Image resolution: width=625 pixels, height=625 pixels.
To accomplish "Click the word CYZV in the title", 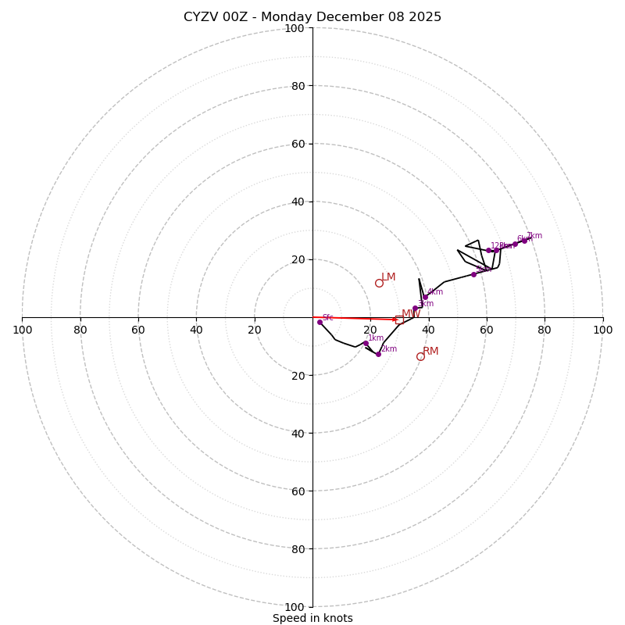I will pyautogui.click(x=201, y=17).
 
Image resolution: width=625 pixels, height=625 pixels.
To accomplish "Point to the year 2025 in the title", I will pyautogui.click(x=423, y=17).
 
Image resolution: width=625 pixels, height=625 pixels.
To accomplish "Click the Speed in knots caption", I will pyautogui.click(x=312, y=618).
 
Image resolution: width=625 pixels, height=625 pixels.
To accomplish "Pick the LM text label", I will pyautogui.click(x=388, y=277).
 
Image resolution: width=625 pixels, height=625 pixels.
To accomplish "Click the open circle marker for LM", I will pyautogui.click(x=379, y=283).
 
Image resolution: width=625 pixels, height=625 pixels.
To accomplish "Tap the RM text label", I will pyautogui.click(x=430, y=352).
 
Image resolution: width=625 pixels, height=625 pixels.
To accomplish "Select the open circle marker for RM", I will pyautogui.click(x=420, y=356).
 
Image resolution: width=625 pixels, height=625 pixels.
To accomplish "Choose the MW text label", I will pyautogui.click(x=411, y=313).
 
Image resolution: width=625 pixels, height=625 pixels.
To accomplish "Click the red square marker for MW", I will pyautogui.click(x=399, y=320).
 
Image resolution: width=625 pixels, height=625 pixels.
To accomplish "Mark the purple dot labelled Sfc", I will pyautogui.click(x=320, y=322).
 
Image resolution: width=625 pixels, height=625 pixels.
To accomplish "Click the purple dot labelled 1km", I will pyautogui.click(x=365, y=343).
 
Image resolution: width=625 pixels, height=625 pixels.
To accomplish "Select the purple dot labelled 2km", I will pyautogui.click(x=378, y=354).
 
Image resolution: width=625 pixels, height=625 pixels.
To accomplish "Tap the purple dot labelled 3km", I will pyautogui.click(x=415, y=308).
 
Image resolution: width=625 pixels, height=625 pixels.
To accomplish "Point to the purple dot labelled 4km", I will pyautogui.click(x=425, y=297).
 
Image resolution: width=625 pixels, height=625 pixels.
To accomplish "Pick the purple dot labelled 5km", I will pyautogui.click(x=473, y=274).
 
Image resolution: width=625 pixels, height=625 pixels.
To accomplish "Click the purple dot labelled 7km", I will pyautogui.click(x=524, y=241).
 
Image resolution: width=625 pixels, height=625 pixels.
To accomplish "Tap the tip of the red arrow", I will pyautogui.click(x=398, y=320).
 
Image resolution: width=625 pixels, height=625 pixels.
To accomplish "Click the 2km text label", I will pyautogui.click(x=389, y=348).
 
